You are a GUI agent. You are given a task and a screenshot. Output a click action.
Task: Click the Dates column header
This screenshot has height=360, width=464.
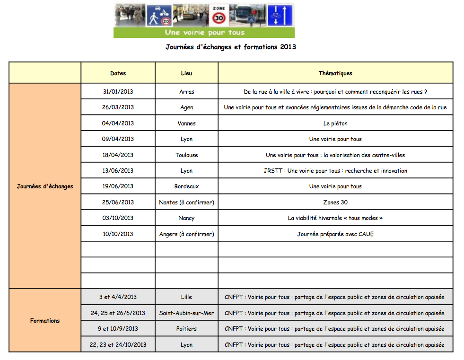(x=118, y=73)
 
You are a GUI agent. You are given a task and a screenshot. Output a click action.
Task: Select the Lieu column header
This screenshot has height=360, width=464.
(x=186, y=73)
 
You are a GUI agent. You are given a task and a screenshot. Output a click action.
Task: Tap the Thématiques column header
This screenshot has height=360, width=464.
(x=335, y=73)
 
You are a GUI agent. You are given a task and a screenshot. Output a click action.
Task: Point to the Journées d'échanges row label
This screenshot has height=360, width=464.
(x=45, y=186)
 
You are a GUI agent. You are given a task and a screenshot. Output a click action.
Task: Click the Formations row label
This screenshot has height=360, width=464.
(x=45, y=321)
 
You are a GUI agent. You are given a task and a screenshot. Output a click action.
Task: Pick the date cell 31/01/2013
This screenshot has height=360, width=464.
(x=118, y=92)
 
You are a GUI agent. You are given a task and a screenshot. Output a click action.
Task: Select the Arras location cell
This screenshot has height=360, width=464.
(x=186, y=92)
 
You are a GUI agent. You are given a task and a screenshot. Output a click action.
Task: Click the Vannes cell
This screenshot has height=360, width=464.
(x=186, y=123)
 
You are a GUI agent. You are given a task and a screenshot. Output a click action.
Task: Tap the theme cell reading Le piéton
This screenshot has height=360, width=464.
(x=335, y=123)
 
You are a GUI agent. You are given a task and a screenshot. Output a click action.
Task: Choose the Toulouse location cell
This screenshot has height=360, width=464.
(x=186, y=155)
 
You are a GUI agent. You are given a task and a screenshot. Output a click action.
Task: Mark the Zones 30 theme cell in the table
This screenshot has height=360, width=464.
(x=335, y=202)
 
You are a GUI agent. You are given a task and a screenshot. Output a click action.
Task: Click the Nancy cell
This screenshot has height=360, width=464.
(x=186, y=218)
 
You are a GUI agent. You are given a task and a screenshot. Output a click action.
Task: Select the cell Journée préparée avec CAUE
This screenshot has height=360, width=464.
(x=335, y=234)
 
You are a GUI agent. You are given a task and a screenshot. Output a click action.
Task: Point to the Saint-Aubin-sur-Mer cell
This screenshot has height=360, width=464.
(x=186, y=313)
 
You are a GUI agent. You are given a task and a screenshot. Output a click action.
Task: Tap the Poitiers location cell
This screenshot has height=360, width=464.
(x=186, y=329)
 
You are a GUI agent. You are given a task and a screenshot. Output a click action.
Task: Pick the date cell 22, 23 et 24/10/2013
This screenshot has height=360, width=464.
(x=118, y=345)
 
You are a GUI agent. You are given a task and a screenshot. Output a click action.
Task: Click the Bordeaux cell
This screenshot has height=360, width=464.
(x=186, y=186)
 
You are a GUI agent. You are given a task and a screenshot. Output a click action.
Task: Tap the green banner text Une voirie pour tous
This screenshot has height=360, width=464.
(x=204, y=33)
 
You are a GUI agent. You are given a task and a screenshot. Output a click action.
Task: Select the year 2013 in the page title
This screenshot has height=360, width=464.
(x=288, y=47)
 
